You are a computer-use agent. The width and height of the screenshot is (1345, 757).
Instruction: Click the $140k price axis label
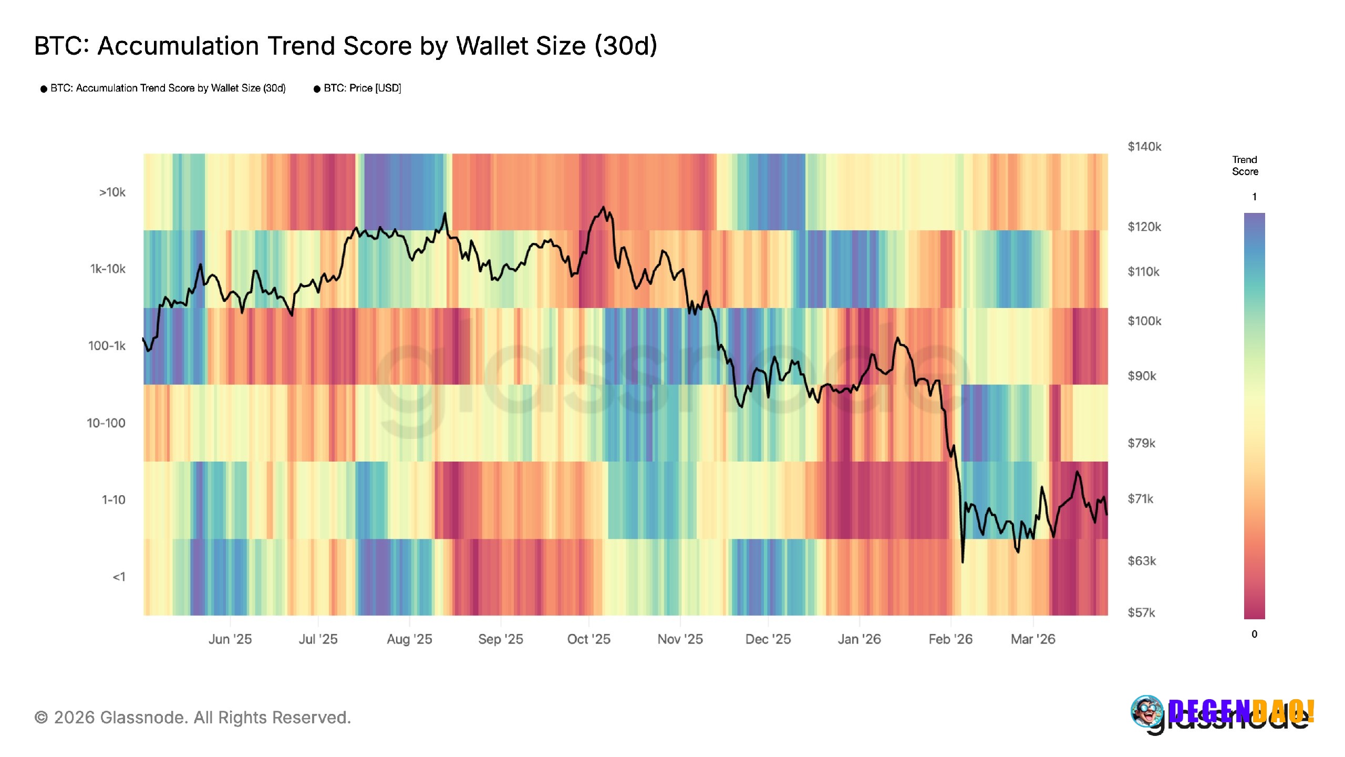[1144, 147]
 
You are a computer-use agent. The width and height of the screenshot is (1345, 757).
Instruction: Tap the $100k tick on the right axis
[1144, 321]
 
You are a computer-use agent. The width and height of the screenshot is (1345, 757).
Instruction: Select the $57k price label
[1141, 612]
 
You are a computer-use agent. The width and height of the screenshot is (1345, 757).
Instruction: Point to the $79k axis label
[1141, 443]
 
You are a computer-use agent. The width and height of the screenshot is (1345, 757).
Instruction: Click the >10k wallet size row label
[112, 192]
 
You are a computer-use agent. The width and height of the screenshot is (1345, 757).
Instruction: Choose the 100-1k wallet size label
[107, 346]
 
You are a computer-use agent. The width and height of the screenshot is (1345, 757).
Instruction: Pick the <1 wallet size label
[119, 577]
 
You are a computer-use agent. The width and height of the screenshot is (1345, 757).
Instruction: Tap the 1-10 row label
[113, 500]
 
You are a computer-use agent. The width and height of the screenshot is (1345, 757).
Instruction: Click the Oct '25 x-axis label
[588, 639]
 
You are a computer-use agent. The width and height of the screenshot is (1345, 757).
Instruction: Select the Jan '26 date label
[859, 639]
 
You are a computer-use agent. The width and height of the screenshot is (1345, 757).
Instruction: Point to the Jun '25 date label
[230, 639]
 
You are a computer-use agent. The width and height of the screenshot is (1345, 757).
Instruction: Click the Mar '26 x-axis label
[1033, 639]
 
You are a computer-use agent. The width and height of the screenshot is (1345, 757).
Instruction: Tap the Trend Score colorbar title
[1245, 166]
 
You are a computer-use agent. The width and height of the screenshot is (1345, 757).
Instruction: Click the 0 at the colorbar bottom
[1254, 634]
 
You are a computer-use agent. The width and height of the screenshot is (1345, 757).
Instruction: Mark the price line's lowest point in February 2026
[963, 562]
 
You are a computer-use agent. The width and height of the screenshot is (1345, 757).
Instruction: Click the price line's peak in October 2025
[603, 207]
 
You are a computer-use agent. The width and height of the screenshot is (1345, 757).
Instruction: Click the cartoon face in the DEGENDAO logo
[1147, 711]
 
